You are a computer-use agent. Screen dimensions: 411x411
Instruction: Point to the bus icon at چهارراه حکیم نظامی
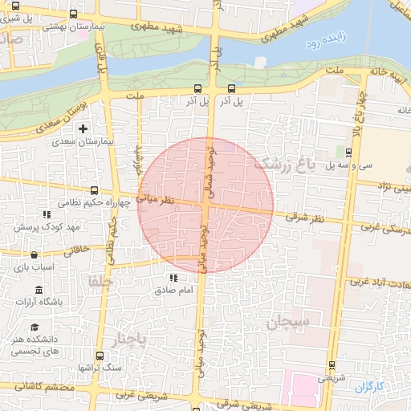[94, 191]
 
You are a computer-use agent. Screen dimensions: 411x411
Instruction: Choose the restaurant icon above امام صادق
[173, 278]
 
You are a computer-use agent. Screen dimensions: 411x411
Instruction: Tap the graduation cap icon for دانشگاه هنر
[35, 327]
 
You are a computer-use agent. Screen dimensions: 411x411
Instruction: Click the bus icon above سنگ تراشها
[100, 355]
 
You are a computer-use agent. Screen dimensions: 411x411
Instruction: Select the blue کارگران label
[369, 387]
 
